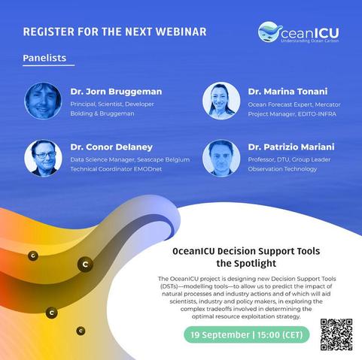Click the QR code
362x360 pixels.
click(336, 334)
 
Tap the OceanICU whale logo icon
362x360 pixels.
click(270, 32)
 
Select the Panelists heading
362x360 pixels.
click(44, 58)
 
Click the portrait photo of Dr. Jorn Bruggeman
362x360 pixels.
click(43, 101)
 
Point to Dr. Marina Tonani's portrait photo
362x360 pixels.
click(221, 101)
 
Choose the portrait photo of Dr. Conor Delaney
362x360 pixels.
click(43, 158)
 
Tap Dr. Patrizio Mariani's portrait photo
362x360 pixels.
click(221, 158)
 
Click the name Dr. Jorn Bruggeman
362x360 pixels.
click(116, 92)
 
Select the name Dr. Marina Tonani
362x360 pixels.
click(287, 92)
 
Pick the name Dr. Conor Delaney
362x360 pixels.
click(111, 147)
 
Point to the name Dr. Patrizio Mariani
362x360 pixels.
click(291, 147)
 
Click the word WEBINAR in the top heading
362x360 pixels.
click(181, 32)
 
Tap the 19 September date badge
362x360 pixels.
click(247, 334)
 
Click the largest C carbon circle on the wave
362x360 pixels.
click(85, 265)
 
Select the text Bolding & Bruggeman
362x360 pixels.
click(102, 113)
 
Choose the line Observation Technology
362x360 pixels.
click(282, 169)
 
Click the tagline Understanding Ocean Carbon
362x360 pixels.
click(310, 41)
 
